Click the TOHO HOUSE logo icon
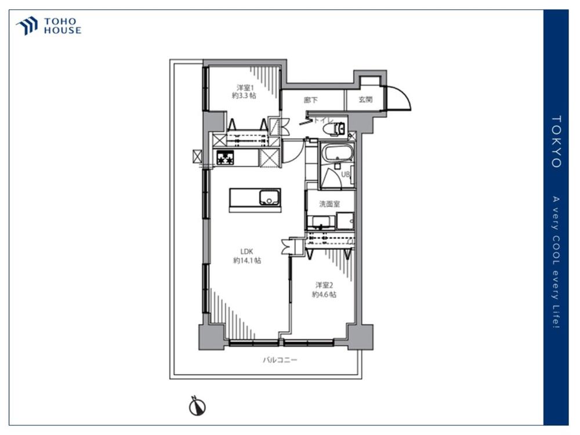click(x=27, y=26)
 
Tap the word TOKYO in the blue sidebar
click(x=556, y=142)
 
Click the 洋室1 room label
click(x=245, y=88)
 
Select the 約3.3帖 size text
click(x=244, y=96)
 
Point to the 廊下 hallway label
click(x=311, y=100)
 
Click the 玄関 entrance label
click(x=365, y=100)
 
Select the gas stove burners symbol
click(x=225, y=158)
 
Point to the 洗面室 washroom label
click(x=329, y=204)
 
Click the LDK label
click(x=246, y=252)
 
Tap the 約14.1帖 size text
click(x=247, y=261)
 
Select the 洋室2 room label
click(x=324, y=285)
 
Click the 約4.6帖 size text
click(x=324, y=295)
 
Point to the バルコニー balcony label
click(x=280, y=360)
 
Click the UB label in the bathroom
click(x=345, y=174)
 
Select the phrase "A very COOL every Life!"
click(x=556, y=262)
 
